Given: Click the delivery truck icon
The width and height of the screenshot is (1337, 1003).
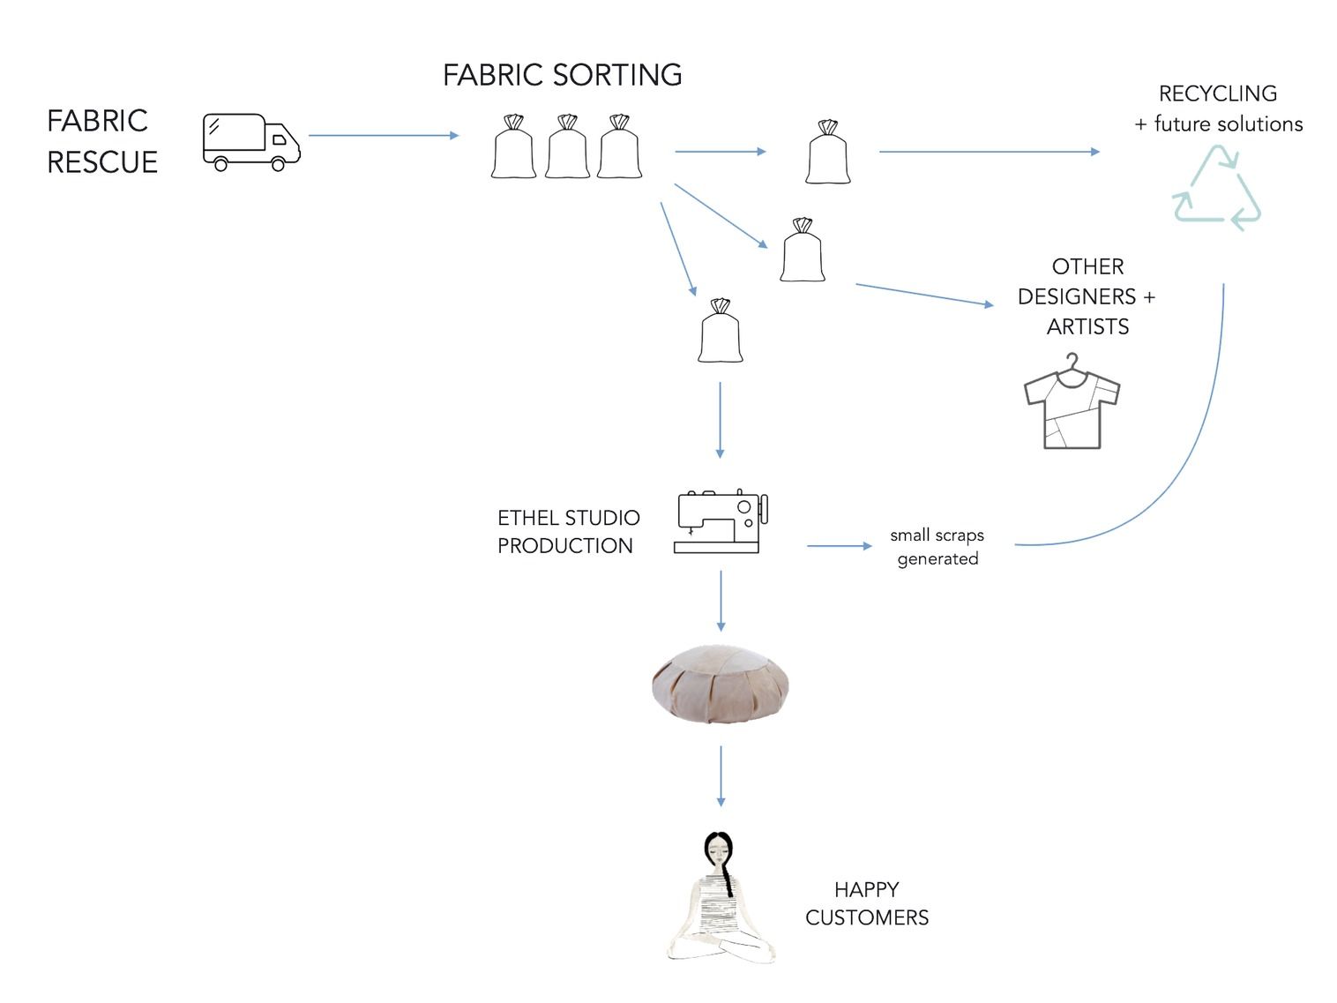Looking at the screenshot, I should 251,141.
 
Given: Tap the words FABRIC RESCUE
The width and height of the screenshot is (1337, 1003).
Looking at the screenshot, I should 101,141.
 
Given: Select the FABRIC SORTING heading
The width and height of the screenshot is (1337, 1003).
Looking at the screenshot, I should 562,75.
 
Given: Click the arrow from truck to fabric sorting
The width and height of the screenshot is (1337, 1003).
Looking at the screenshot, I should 384,136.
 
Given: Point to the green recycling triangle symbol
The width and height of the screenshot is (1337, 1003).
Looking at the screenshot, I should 1217,190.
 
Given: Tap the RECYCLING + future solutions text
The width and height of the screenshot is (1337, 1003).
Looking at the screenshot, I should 1218,109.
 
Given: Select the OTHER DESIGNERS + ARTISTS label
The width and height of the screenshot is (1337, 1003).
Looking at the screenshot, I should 1087,296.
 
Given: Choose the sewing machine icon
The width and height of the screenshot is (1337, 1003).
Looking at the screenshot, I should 721,521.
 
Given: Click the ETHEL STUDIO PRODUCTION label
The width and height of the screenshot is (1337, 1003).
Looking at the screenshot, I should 568,531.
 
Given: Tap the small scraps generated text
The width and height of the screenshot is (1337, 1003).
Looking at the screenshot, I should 937,547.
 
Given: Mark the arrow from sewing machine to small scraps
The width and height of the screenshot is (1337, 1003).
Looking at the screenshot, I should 839,546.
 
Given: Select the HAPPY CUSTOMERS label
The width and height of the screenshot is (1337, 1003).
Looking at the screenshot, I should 866,903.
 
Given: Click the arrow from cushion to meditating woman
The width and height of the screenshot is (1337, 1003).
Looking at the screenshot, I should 721,775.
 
